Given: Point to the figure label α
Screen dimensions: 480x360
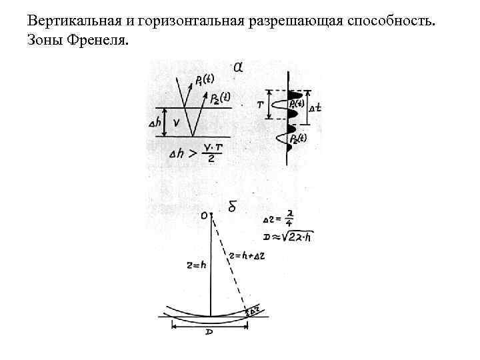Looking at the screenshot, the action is (x=238, y=67).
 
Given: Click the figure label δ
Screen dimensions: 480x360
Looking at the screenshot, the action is (x=233, y=207).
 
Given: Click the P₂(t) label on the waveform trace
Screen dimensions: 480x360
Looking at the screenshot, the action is (x=298, y=139).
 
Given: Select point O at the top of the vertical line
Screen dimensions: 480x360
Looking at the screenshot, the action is (x=206, y=215).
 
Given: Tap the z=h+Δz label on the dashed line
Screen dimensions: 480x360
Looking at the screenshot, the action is (x=245, y=255).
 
